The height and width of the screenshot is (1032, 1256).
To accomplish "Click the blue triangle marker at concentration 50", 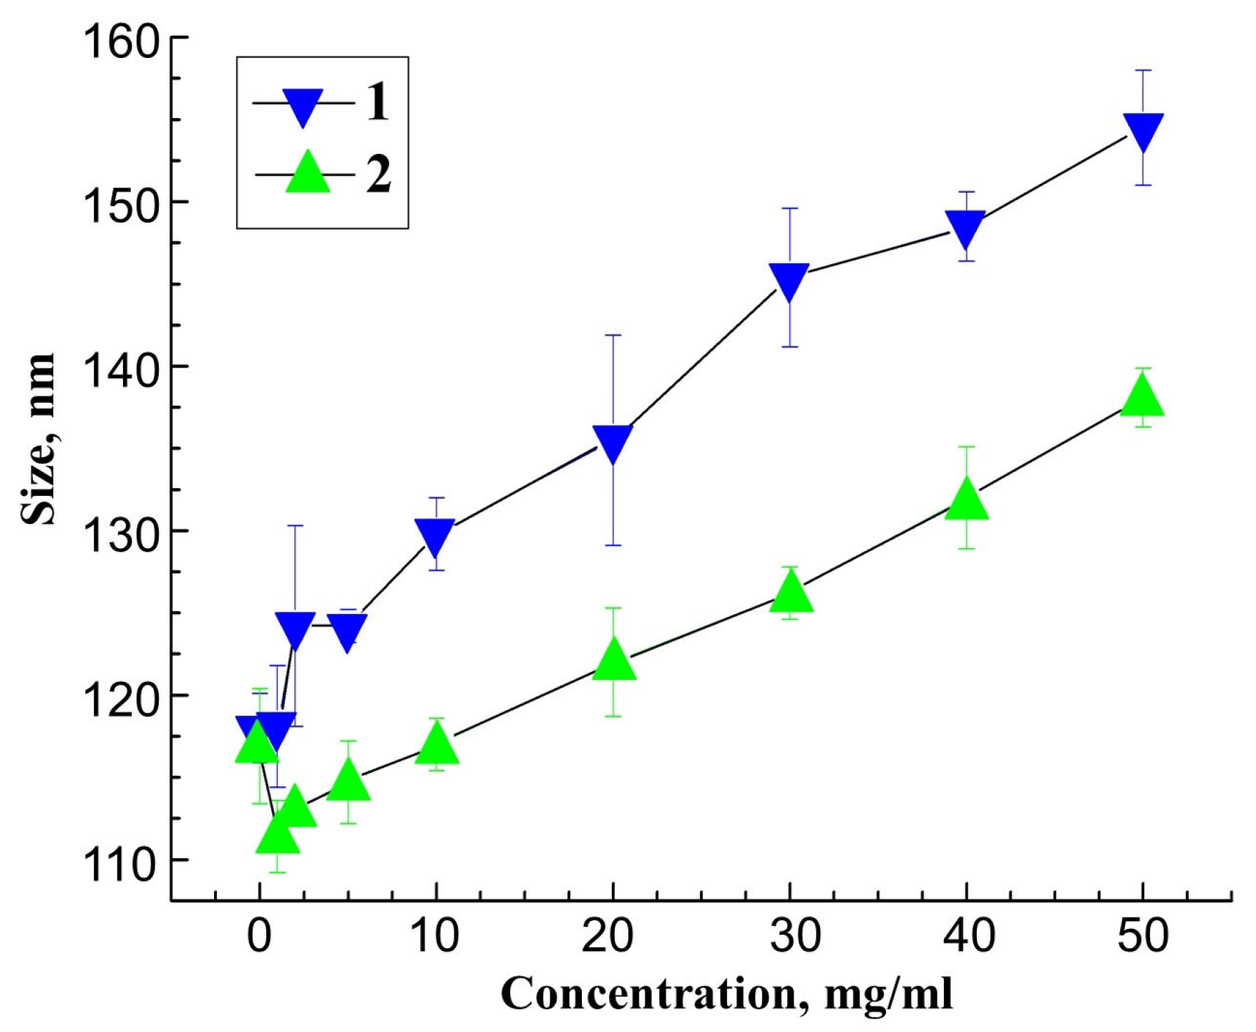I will (x=1143, y=131).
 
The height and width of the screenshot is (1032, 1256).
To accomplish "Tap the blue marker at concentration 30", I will (x=789, y=280).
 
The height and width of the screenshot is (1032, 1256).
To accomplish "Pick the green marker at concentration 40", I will (x=967, y=500).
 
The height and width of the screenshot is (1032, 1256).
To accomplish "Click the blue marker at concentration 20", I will (x=613, y=443).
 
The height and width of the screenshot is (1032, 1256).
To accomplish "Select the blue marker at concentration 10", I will (x=436, y=537).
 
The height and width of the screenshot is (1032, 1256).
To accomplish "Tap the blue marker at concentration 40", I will (x=966, y=228).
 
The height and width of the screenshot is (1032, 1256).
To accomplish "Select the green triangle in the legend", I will (x=308, y=173).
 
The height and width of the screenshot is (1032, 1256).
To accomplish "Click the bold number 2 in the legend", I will (x=379, y=174).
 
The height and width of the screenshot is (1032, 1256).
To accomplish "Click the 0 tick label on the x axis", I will (x=260, y=935).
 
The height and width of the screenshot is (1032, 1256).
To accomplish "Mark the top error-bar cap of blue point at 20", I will (x=613, y=335).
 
